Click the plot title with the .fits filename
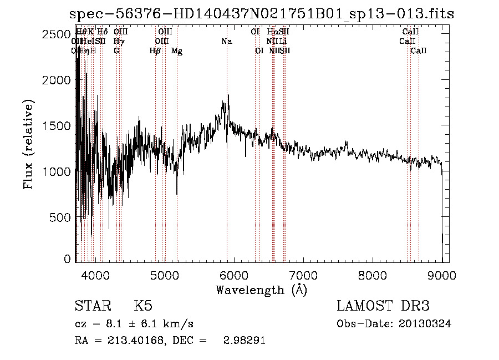(x=261, y=14)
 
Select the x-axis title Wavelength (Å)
(x=261, y=290)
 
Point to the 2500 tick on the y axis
(x=57, y=34)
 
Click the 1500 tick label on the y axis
(x=57, y=126)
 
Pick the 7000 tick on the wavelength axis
(x=303, y=275)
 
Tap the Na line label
(x=226, y=41)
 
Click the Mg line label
(x=177, y=51)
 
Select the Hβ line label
(x=155, y=51)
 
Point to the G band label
(x=116, y=51)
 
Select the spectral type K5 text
(x=143, y=306)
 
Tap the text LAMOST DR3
(x=383, y=306)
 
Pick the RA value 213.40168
(x=139, y=341)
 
